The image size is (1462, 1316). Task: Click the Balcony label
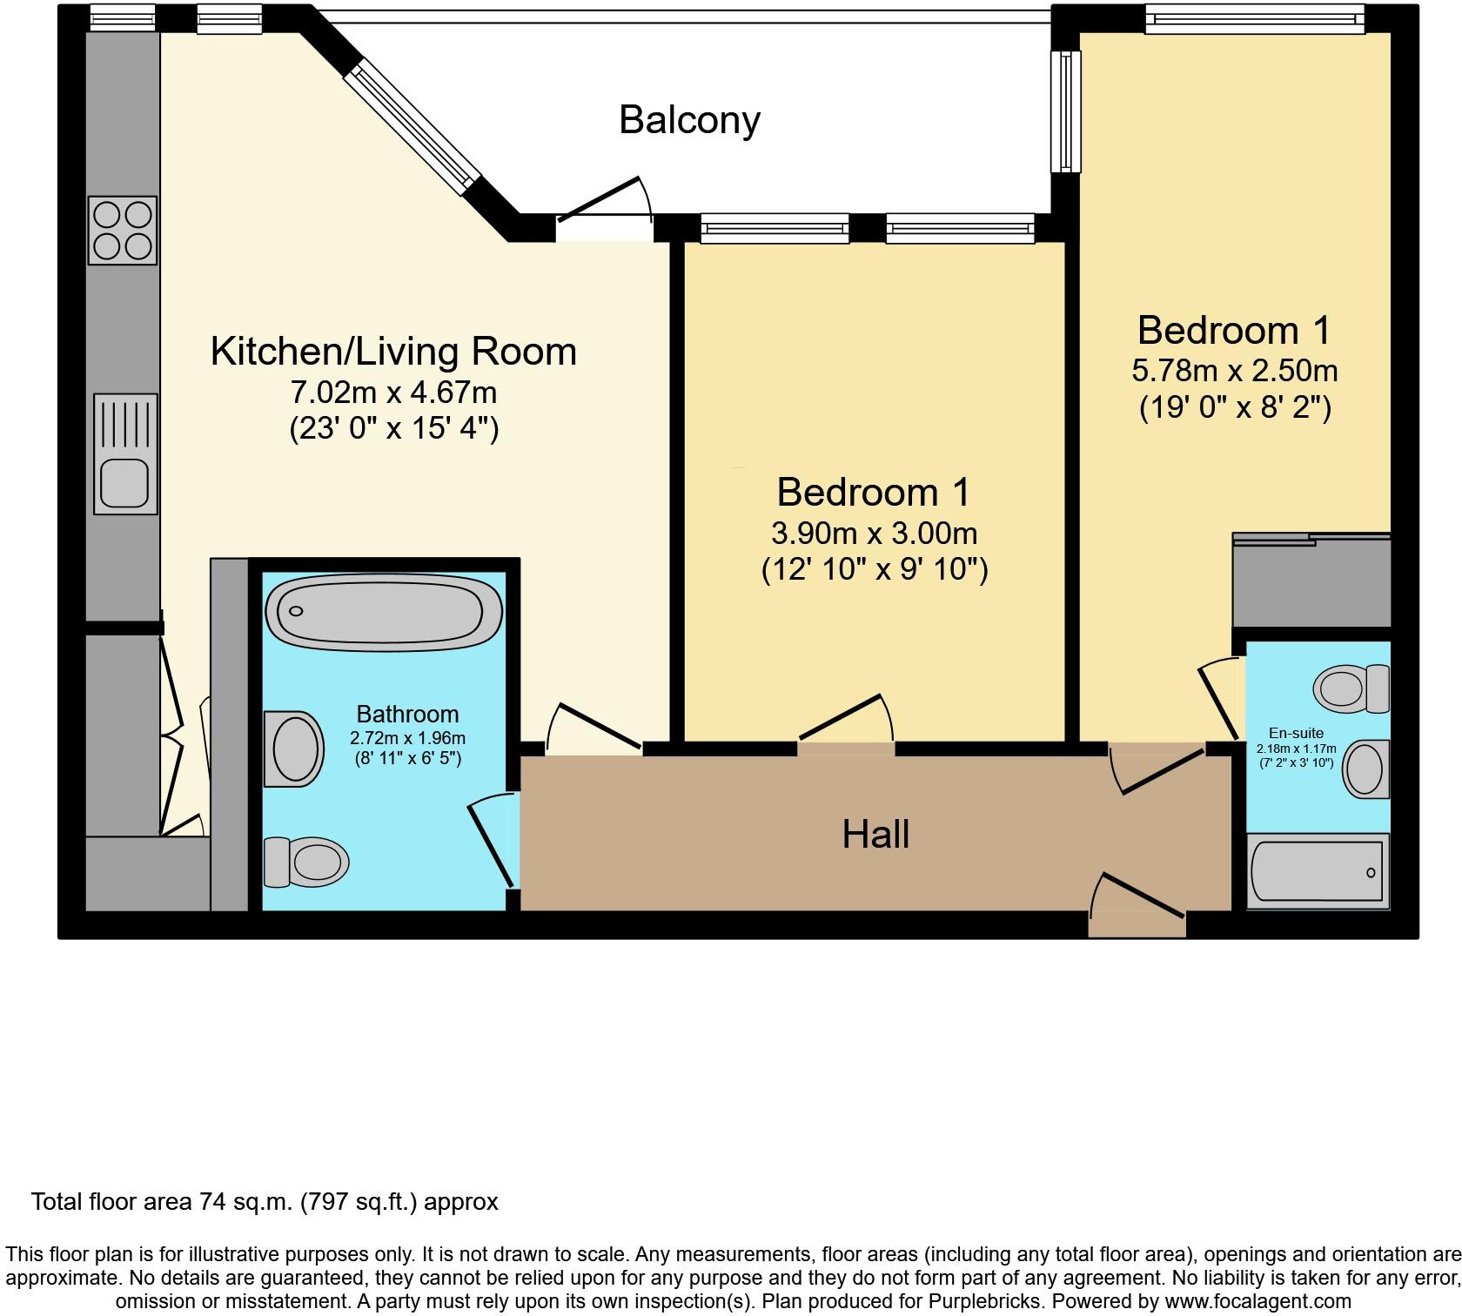(x=689, y=119)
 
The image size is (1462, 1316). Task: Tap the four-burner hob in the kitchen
(x=123, y=230)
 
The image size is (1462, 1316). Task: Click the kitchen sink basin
(x=124, y=482)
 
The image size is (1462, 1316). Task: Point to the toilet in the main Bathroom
(x=306, y=862)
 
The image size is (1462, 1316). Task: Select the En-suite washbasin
(x=1366, y=769)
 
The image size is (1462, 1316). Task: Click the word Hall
(x=875, y=834)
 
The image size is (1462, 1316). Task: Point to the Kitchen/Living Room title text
(x=393, y=352)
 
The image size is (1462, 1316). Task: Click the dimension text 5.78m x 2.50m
(x=1234, y=371)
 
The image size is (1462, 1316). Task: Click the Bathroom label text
(x=407, y=714)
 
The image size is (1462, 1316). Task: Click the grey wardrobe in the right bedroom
(x=1311, y=581)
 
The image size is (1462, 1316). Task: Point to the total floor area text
(x=265, y=1202)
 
